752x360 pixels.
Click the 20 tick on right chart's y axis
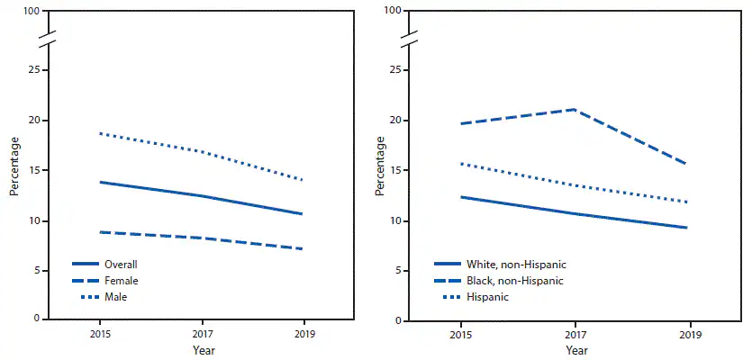point(394,121)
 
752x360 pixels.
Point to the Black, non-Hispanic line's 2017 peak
point(574,109)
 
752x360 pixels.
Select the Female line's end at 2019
point(303,249)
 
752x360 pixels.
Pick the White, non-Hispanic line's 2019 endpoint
point(689,228)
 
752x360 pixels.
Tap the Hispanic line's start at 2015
point(460,163)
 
